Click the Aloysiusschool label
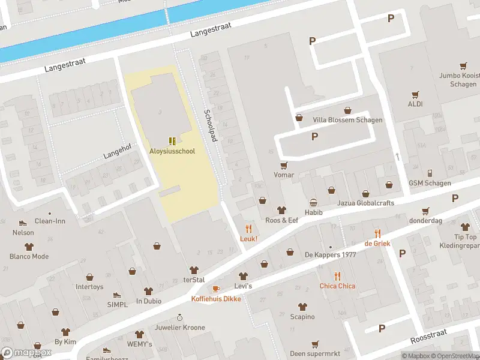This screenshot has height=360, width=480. (x=172, y=151)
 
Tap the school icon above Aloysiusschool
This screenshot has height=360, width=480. (x=172, y=141)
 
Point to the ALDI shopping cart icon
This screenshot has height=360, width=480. (x=415, y=94)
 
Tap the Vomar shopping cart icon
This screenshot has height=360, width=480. (x=284, y=165)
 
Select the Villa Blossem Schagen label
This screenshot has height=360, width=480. (x=347, y=120)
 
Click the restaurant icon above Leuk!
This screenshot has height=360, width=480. (x=248, y=228)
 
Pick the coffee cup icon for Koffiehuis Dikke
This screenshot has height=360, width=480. (x=216, y=289)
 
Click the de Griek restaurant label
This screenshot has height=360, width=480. (x=377, y=243)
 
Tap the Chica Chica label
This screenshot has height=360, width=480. (x=337, y=286)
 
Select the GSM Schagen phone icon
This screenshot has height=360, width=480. (x=430, y=173)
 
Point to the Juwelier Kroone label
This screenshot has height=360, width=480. (x=179, y=328)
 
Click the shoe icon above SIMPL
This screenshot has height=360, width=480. (x=117, y=295)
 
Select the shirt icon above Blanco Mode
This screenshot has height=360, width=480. (x=29, y=246)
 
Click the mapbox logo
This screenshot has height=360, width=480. (x=26, y=353)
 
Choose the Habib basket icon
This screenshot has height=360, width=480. (x=313, y=203)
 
